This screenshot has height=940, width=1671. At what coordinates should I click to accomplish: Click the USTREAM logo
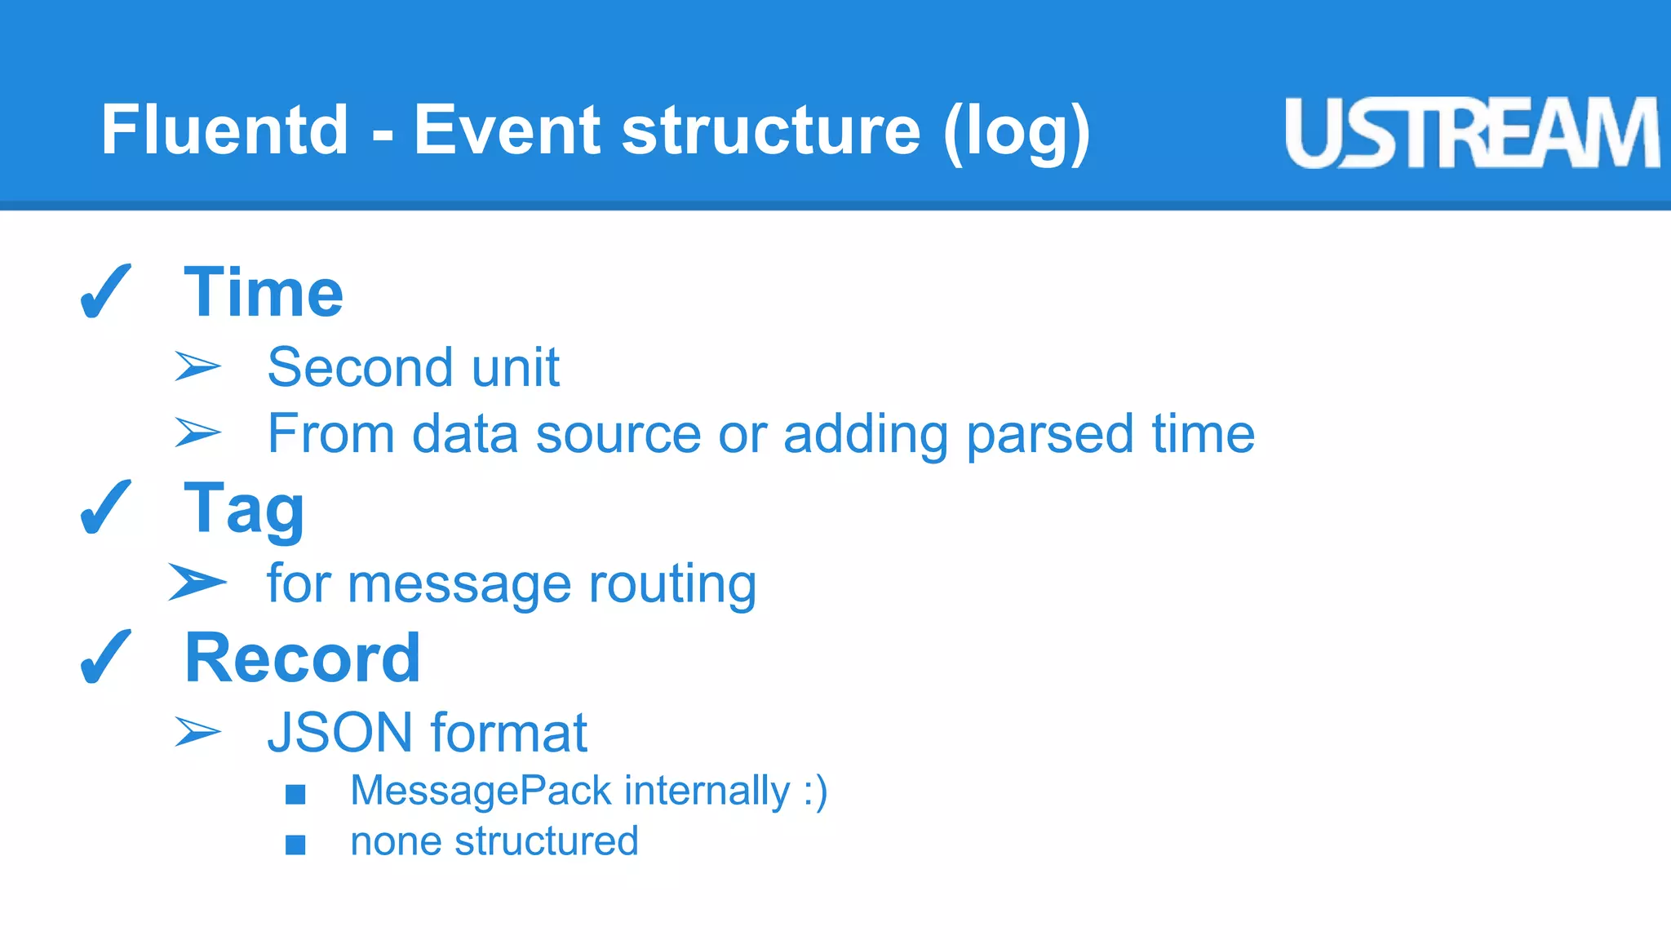point(1471,133)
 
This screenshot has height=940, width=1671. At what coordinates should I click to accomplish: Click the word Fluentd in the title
point(224,131)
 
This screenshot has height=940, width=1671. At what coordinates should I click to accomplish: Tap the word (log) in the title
point(1016,132)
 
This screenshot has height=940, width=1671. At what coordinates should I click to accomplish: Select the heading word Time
point(264,292)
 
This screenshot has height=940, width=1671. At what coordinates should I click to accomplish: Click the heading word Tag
point(244,508)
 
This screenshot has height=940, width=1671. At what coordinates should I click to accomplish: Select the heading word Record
point(303,658)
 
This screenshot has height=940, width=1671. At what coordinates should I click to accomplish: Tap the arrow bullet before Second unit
point(197,366)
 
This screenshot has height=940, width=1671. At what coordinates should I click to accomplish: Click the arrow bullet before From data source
point(197,432)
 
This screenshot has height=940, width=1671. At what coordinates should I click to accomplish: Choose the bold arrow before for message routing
point(197,583)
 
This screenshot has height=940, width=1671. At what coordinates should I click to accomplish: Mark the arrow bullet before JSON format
point(197,732)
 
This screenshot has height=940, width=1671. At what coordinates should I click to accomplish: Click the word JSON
point(339,733)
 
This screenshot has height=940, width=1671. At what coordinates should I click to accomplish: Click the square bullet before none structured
point(295,845)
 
